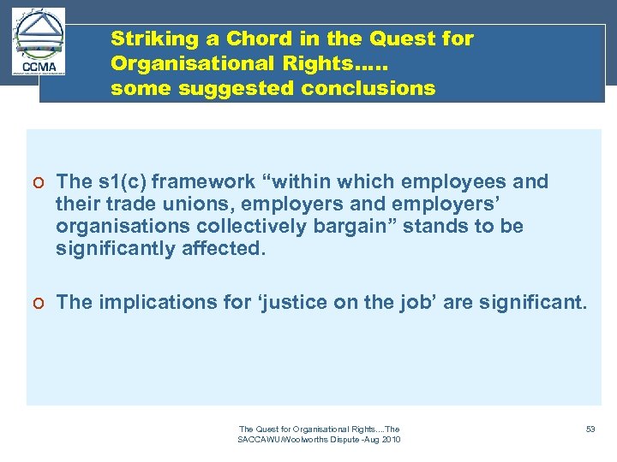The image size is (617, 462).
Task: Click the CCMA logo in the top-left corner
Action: coord(39,42)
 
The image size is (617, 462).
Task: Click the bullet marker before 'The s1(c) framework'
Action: coord(40,182)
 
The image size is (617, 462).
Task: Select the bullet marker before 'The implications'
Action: coord(40,303)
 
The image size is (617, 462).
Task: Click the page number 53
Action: coord(590,429)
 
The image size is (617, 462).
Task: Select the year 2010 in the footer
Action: coord(389,440)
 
